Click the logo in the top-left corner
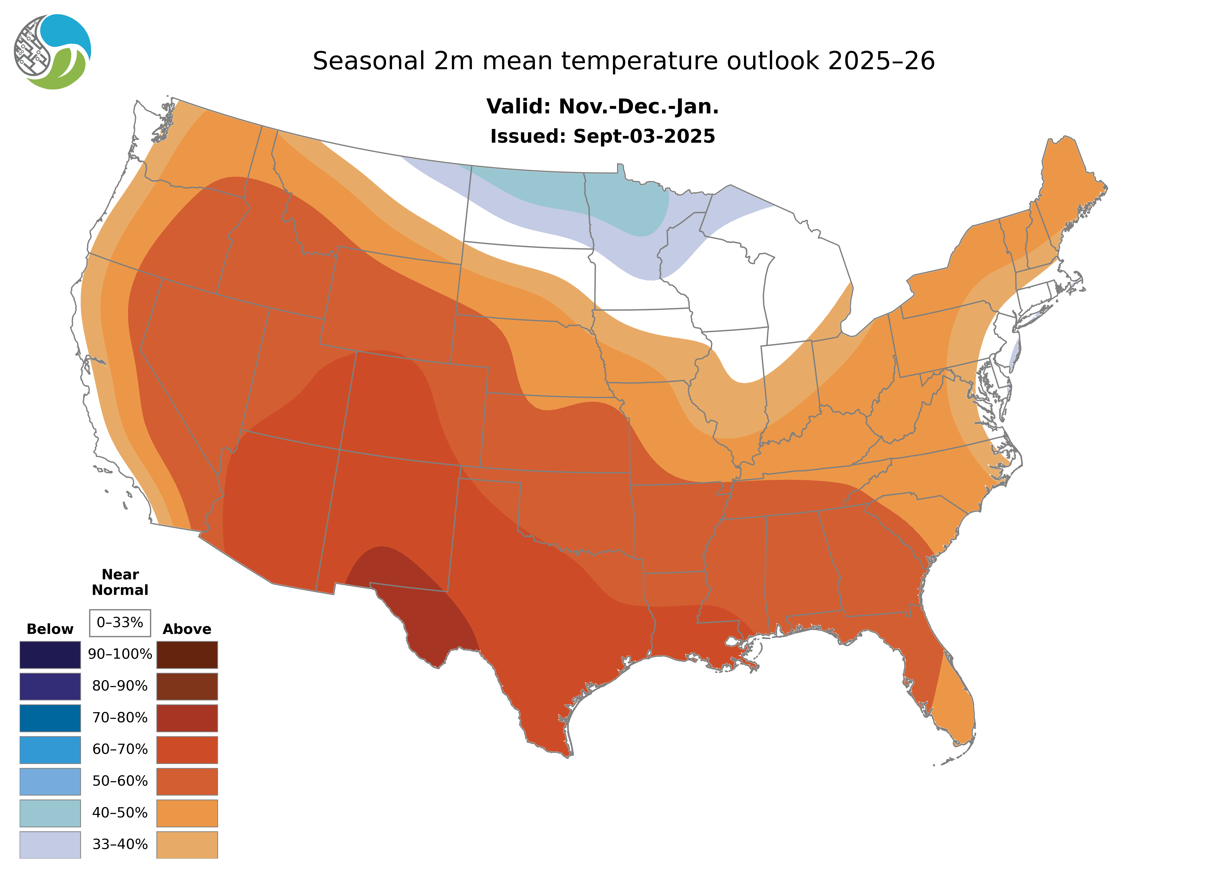tap(53, 52)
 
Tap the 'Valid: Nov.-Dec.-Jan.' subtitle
tap(602, 107)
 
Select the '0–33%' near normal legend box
tap(120, 623)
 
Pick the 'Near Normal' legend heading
tap(120, 582)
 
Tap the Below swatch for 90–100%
tap(50, 655)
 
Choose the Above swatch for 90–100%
tap(187, 655)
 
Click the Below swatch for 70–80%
tap(50, 718)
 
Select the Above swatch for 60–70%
tap(187, 750)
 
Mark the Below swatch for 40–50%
tap(50, 813)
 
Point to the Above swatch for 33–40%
tap(187, 844)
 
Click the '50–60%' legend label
tap(120, 781)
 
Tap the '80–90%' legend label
tap(120, 686)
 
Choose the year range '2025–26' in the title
tap(881, 61)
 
